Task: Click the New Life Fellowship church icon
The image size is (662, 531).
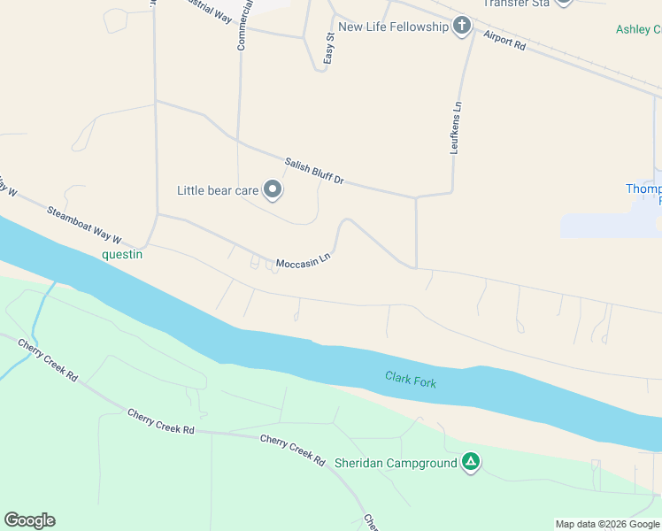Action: point(461,27)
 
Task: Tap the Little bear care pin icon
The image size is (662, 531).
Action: point(273,190)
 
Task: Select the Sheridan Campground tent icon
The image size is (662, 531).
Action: point(472,462)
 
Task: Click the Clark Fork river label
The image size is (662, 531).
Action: point(411,379)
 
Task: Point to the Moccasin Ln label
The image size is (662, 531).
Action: point(303,263)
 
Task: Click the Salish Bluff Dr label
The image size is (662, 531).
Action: point(313,172)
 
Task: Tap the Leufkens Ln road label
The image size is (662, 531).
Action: point(457,127)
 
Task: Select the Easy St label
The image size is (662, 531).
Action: point(328,48)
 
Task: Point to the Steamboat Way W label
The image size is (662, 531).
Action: point(83,226)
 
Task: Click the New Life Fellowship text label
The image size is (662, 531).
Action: point(394,27)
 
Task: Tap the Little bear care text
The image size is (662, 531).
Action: point(218,190)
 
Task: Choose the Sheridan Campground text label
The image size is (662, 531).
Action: point(396,462)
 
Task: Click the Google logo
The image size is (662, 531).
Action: point(29,520)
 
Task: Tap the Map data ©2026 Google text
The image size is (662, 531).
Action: point(606,524)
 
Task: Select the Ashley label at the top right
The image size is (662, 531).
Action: point(638,29)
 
